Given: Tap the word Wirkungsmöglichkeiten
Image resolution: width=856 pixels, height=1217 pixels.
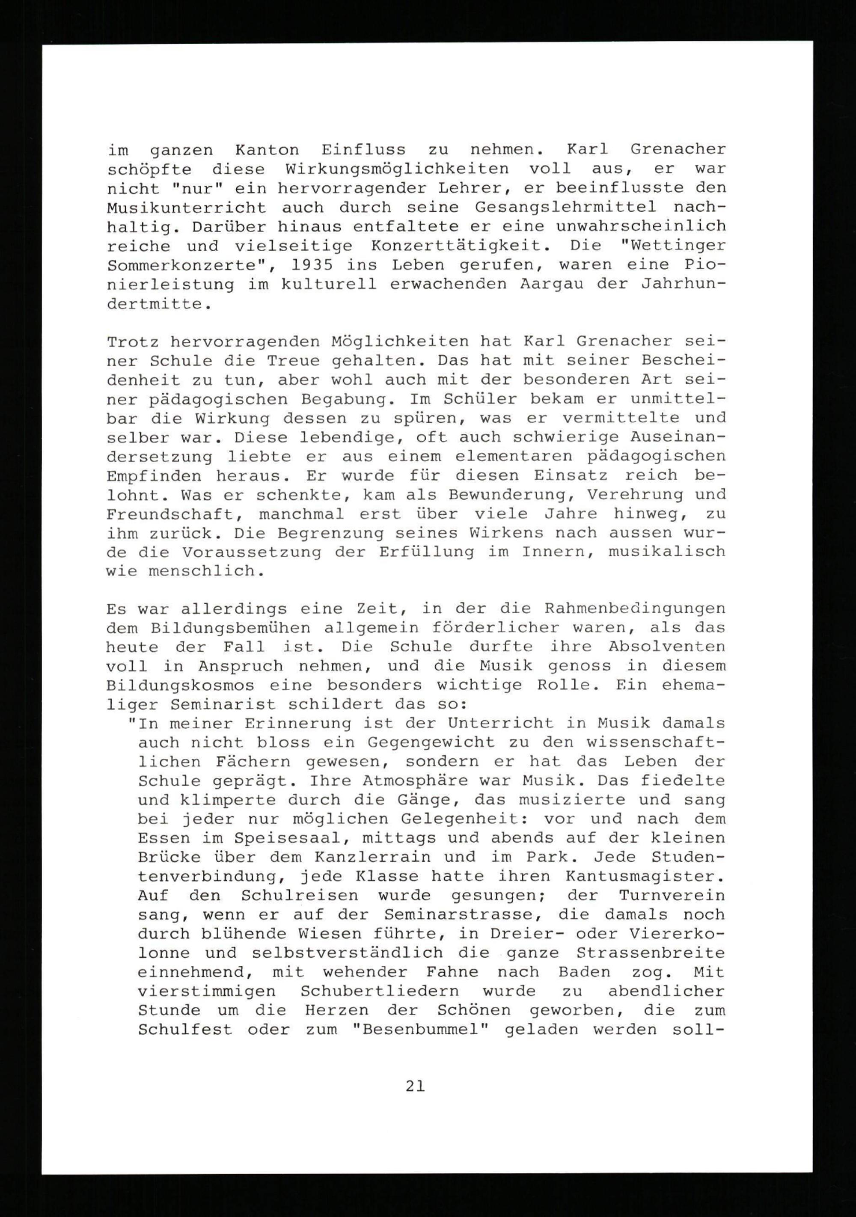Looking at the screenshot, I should click(397, 169).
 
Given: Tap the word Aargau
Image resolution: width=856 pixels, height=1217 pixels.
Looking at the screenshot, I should click(552, 284).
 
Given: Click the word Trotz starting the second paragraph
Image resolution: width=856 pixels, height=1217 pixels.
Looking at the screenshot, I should click(133, 342).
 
